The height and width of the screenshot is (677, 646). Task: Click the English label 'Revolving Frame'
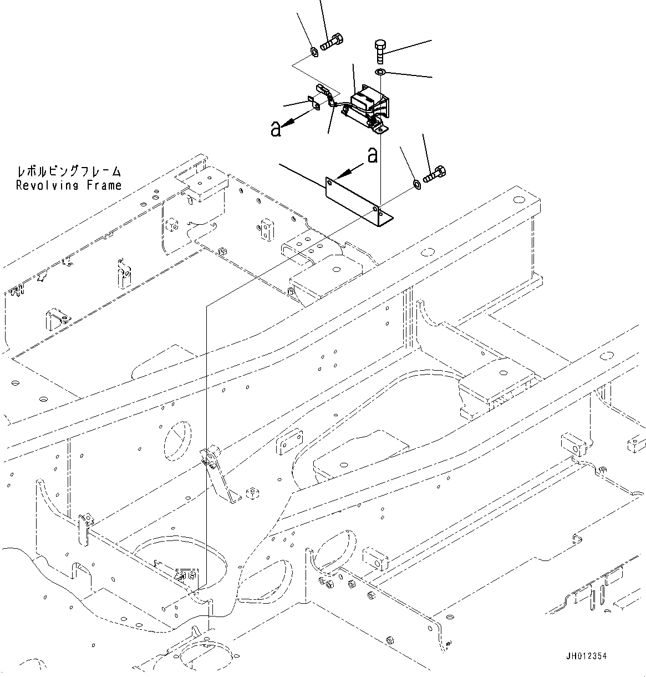click(68, 185)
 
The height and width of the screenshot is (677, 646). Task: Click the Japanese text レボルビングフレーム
click(68, 172)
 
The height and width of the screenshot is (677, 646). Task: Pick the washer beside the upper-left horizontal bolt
click(313, 52)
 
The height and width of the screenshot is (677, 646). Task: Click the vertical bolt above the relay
click(380, 52)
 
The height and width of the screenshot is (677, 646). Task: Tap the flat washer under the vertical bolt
click(380, 73)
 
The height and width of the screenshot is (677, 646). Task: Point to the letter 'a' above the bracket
click(372, 155)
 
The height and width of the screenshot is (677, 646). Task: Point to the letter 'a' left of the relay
click(275, 129)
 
